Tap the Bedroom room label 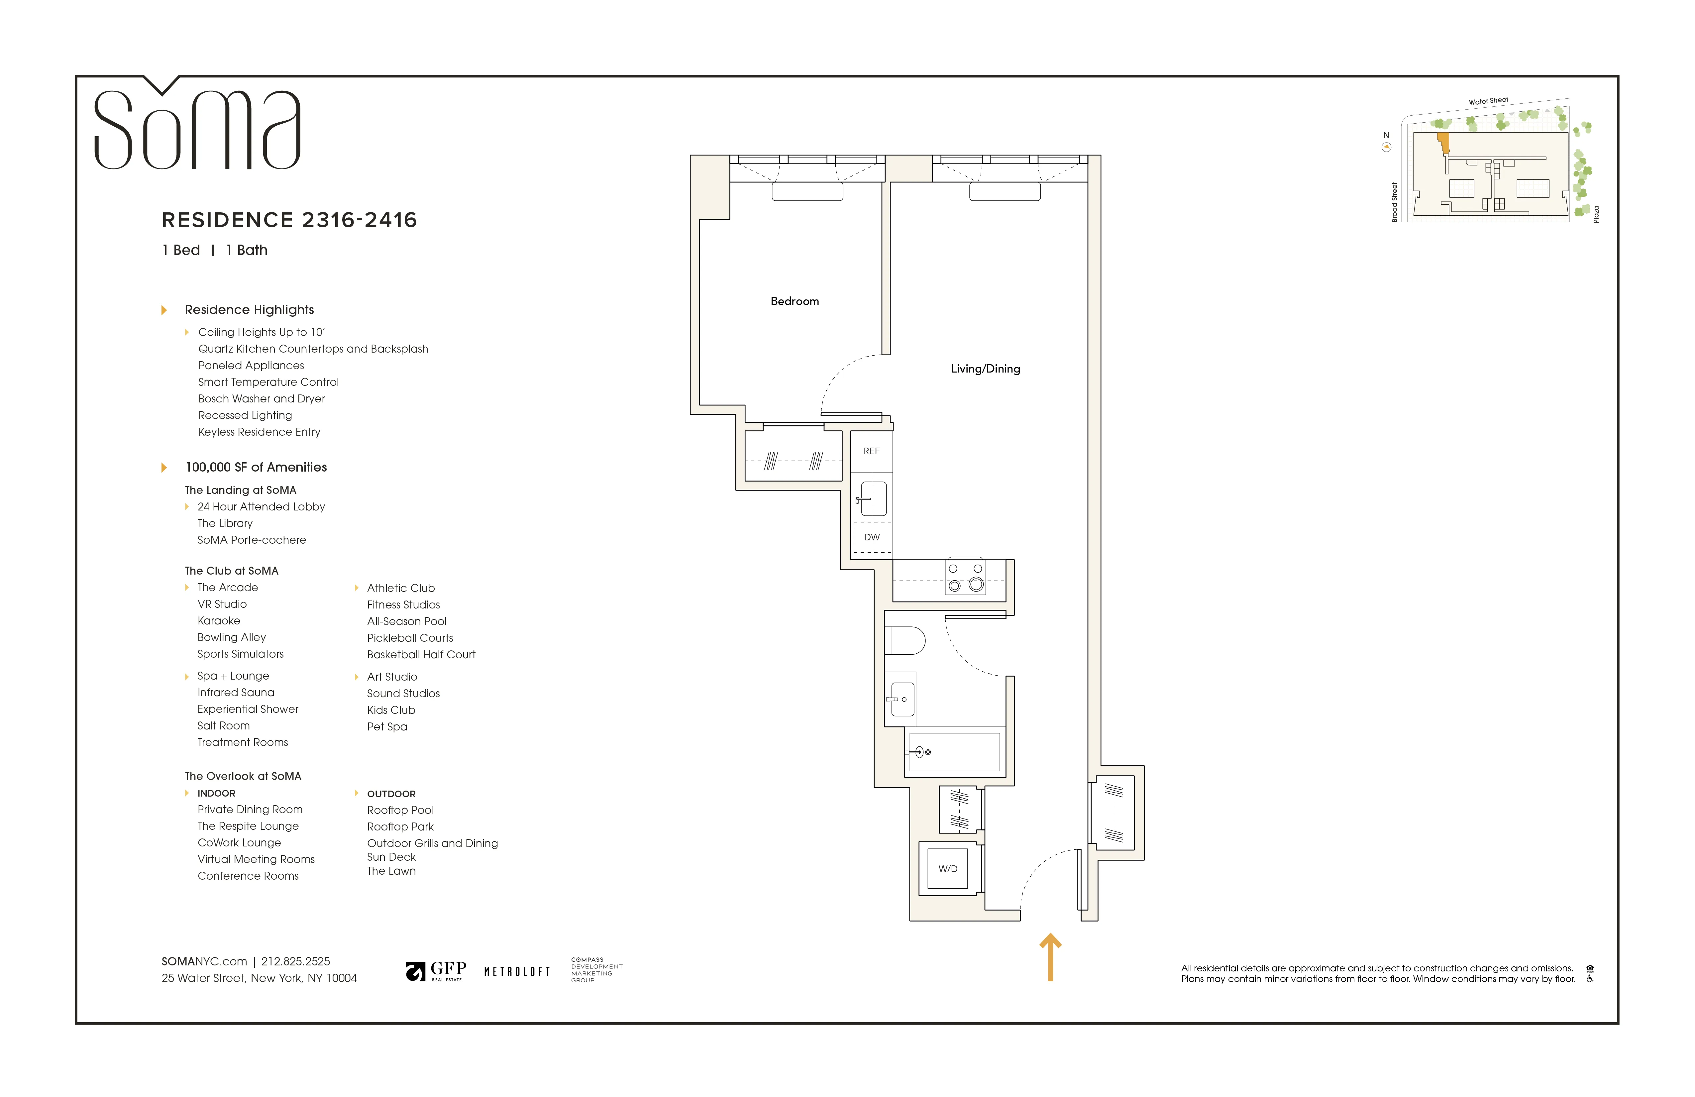point(794,301)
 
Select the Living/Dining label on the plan point(985,369)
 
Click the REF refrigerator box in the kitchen point(871,451)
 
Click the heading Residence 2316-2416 point(289,220)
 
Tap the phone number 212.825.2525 point(295,962)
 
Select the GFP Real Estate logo point(436,971)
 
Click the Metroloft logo point(517,972)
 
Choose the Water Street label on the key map point(1488,101)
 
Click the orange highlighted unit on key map point(1443,143)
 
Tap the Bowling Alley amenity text point(232,637)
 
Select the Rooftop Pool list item point(400,811)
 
